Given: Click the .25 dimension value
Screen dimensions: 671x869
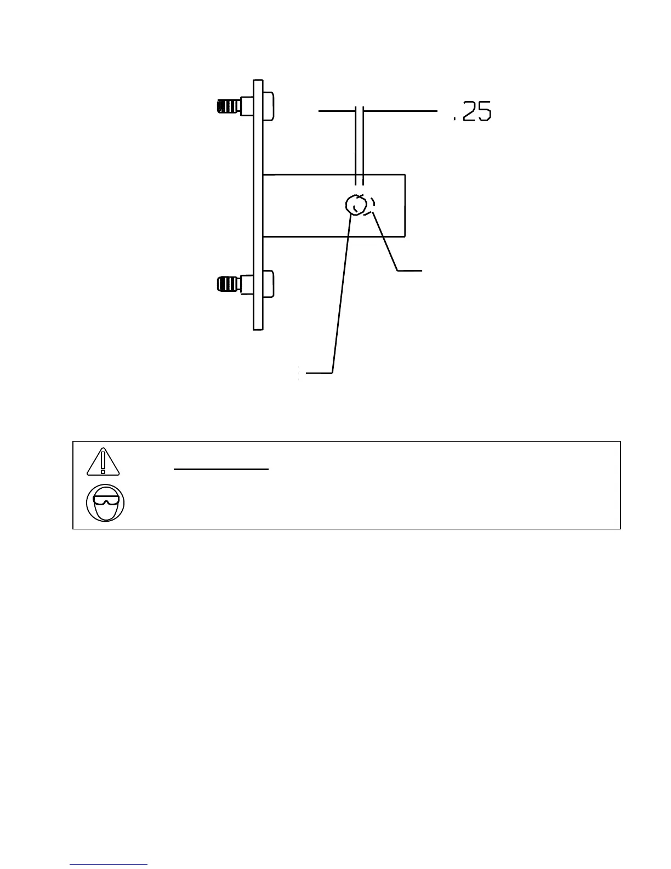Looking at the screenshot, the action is coord(471,112).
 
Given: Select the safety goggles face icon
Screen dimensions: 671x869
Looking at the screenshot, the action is coord(105,503).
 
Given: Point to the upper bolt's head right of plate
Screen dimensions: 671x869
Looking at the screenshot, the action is coord(268,105).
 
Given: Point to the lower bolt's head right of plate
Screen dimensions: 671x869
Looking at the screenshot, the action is coord(268,284).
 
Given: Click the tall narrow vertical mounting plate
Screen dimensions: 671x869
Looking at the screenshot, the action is coord(258,205).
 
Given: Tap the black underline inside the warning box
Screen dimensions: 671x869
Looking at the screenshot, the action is coord(221,470).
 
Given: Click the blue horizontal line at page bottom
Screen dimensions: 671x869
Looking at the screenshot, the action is coord(109,864).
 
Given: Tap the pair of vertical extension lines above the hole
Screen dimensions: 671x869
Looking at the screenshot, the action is coord(360,145).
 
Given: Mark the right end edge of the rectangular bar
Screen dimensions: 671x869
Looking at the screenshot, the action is coord(405,206).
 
